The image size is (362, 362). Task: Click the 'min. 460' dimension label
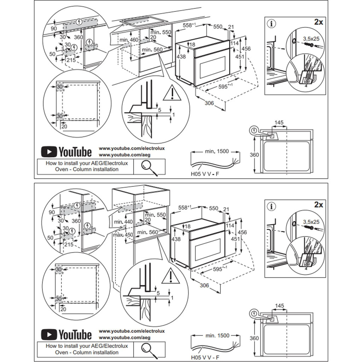click(x=129, y=40)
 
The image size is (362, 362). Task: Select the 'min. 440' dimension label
click(x=123, y=222)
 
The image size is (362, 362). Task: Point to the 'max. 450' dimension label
click(x=123, y=235)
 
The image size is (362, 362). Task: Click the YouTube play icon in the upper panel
click(x=49, y=152)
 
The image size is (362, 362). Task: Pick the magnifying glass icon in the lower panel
click(x=149, y=349)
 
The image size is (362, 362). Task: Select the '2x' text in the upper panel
click(x=319, y=22)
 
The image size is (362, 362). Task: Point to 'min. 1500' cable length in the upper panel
click(x=217, y=151)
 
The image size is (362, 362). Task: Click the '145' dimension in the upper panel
click(x=279, y=123)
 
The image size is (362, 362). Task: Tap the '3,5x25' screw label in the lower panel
click(x=311, y=222)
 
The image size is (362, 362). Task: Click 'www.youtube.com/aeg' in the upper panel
click(x=124, y=155)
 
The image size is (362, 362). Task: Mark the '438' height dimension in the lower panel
click(x=175, y=239)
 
